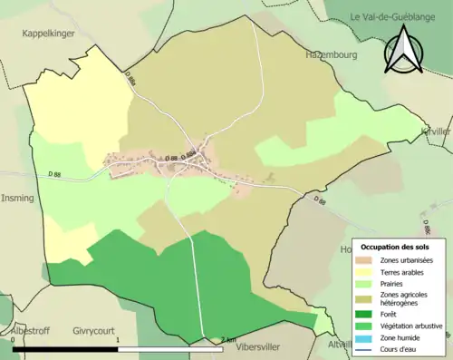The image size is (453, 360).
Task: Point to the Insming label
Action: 18,198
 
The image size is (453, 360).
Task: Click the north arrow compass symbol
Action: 403,49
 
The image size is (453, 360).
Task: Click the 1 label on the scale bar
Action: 118,340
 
